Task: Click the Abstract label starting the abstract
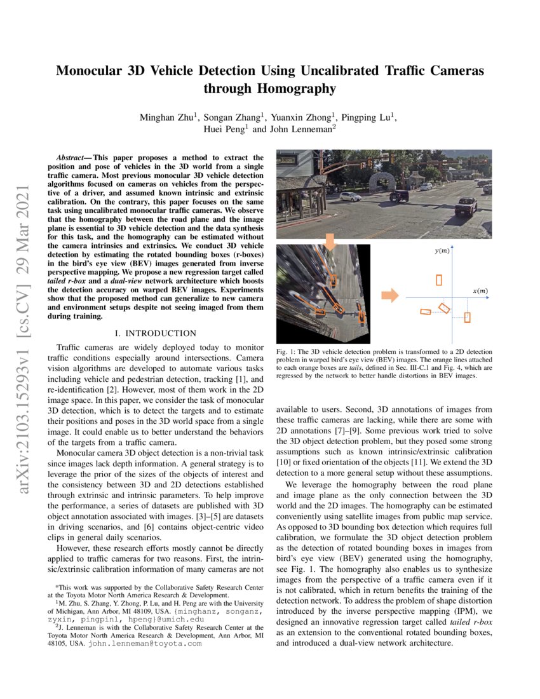tap(72, 157)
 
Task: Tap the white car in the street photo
tap(350, 196)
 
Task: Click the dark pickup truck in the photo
tap(465, 206)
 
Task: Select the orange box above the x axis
tap(438, 280)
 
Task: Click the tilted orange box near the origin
tap(444, 308)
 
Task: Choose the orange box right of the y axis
tap(467, 317)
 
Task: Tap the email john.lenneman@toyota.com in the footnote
tap(144, 643)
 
